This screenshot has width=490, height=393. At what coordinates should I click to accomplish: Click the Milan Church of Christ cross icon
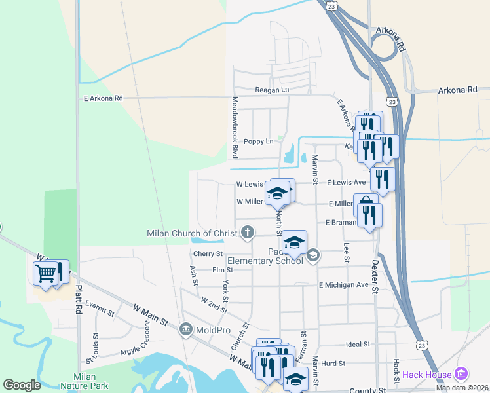[248, 231]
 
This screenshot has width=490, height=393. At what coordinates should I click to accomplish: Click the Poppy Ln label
[257, 141]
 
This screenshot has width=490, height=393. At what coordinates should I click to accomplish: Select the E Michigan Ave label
[344, 285]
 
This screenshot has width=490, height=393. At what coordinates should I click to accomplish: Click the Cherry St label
[208, 253]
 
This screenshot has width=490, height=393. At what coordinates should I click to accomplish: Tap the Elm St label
[223, 270]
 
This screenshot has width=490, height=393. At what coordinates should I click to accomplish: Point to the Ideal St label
[358, 344]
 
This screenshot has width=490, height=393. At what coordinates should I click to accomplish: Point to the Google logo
[22, 385]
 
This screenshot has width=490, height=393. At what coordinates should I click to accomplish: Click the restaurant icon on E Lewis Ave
[382, 179]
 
